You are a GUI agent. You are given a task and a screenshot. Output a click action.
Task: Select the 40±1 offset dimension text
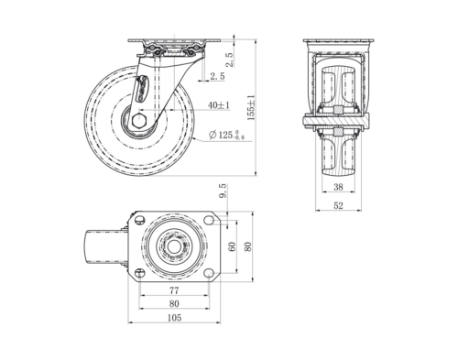(x=218, y=105)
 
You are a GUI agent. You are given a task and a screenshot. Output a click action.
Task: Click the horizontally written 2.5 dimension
(x=217, y=75)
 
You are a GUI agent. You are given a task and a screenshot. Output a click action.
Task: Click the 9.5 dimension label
(x=223, y=192)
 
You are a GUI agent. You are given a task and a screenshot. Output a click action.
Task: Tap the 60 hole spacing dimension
(x=232, y=246)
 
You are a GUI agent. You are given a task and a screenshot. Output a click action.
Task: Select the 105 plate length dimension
(x=174, y=318)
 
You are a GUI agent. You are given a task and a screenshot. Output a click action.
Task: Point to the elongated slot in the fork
(x=142, y=92)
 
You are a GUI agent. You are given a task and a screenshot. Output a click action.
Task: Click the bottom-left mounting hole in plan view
(x=139, y=272)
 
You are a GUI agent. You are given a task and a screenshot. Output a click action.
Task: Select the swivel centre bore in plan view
(x=174, y=246)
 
